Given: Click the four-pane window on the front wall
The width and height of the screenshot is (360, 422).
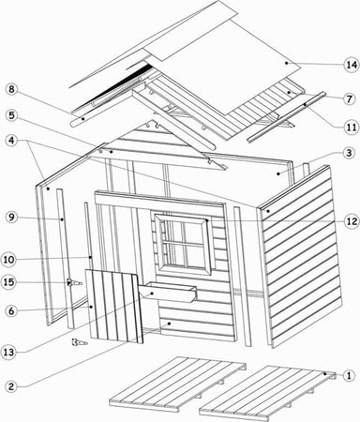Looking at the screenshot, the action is pyautogui.click(x=184, y=243).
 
